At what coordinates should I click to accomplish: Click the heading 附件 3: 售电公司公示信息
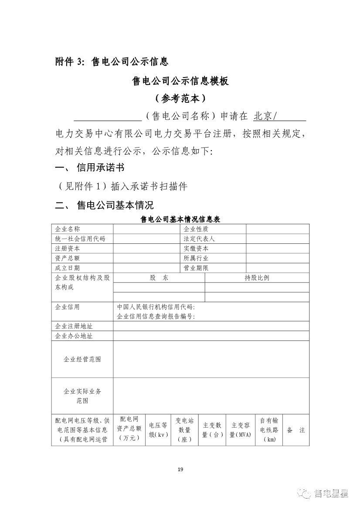pos(112,62)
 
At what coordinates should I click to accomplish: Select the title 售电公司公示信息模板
pos(180,81)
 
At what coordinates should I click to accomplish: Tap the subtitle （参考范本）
pos(180,98)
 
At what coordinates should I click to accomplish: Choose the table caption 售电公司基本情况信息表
pos(180,219)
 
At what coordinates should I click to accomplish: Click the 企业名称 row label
pos(68,229)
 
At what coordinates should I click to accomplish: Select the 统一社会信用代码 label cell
pos(80,239)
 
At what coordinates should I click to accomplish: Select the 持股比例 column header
pos(257,278)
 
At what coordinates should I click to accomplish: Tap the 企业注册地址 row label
pos(74,326)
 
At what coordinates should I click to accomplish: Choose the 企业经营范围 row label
pos(82,360)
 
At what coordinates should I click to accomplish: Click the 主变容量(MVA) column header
pos(241,430)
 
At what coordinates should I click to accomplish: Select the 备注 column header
pos(296,430)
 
